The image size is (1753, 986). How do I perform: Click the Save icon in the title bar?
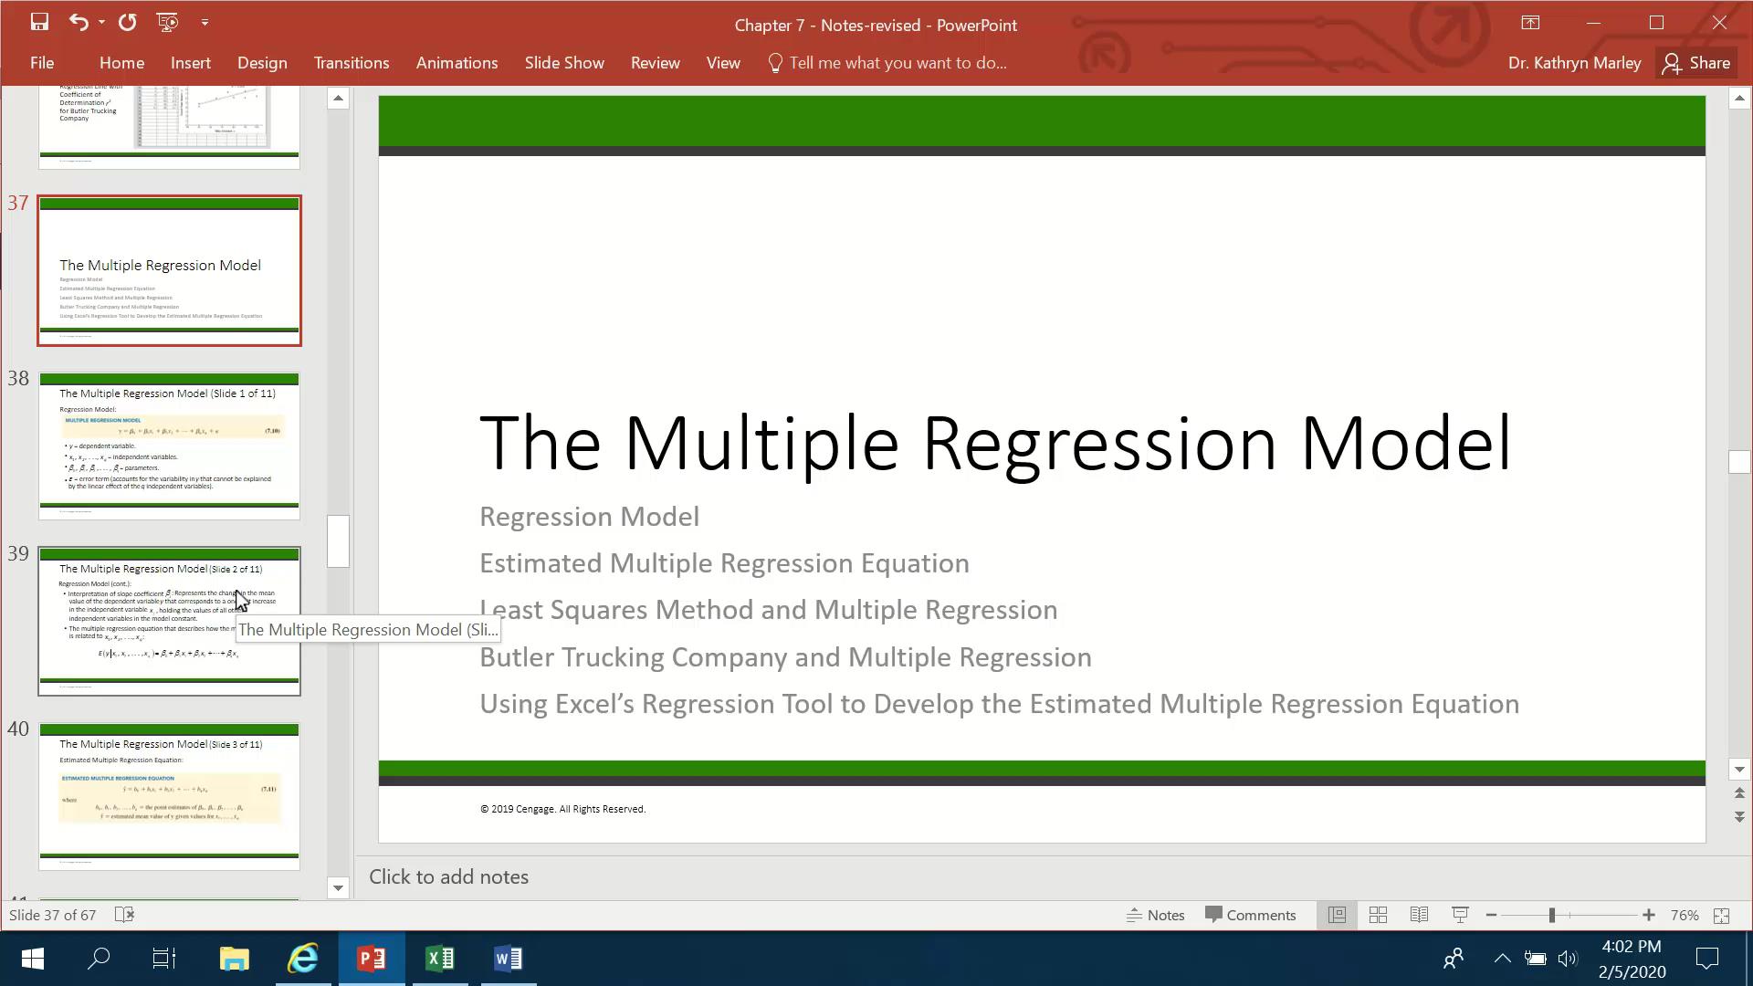39,22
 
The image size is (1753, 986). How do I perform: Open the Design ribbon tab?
262,63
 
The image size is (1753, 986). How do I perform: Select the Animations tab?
457,63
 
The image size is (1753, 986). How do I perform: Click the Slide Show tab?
564,63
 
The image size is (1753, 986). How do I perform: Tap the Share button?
1696,63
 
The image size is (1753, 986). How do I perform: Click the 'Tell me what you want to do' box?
897,63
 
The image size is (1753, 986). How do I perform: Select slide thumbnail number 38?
169,446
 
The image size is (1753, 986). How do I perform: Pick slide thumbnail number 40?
169,796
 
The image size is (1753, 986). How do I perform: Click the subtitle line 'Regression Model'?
589,517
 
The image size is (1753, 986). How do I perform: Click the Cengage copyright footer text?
562,809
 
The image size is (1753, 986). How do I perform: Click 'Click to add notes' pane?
448,876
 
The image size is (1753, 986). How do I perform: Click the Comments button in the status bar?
1251,915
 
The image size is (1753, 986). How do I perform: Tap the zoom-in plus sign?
1648,915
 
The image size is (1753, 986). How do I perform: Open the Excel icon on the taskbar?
440,959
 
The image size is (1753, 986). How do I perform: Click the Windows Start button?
33,959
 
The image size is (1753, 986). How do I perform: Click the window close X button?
1719,23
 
